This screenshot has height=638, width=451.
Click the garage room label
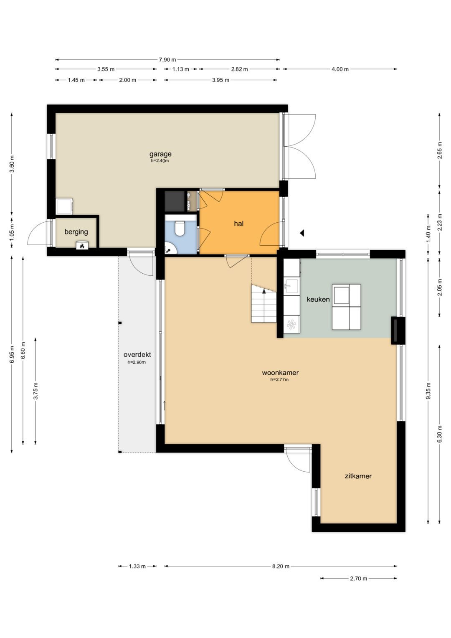click(x=160, y=154)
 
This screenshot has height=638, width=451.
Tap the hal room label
click(x=238, y=224)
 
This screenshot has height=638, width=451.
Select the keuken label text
click(x=318, y=299)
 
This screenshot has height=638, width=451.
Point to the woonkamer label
click(x=280, y=373)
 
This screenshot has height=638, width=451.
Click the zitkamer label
click(x=358, y=476)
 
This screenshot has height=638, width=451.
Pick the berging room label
click(x=76, y=231)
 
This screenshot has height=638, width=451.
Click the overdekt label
click(x=137, y=355)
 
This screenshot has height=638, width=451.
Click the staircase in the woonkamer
click(x=264, y=304)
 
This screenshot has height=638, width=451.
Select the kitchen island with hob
click(x=346, y=307)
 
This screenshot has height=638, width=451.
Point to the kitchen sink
click(x=291, y=287)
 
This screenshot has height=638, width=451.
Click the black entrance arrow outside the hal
click(x=302, y=233)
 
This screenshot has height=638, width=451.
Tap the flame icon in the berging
click(x=82, y=246)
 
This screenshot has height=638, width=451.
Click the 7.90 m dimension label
click(x=167, y=60)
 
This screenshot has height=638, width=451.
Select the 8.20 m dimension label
click(x=281, y=567)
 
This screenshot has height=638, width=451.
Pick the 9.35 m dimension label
click(x=428, y=391)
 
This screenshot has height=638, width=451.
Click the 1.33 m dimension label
click(x=137, y=567)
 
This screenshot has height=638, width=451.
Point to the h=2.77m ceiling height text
click(x=279, y=380)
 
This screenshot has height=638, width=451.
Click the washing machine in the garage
click(x=65, y=206)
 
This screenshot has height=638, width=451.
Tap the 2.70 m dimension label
click(x=358, y=579)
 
